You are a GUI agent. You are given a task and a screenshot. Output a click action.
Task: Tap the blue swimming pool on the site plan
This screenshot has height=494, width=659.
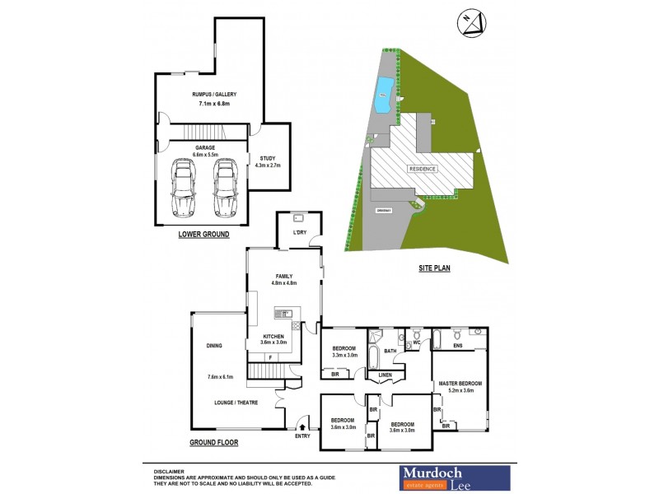[x=383, y=96]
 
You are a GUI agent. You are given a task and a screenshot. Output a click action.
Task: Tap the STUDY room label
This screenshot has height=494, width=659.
[x=268, y=158]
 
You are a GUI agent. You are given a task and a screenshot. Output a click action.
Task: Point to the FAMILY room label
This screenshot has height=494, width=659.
[x=283, y=276]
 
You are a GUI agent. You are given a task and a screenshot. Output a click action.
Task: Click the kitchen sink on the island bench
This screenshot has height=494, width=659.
[x=283, y=313]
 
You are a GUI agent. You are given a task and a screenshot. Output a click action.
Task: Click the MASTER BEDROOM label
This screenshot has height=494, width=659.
[x=460, y=384]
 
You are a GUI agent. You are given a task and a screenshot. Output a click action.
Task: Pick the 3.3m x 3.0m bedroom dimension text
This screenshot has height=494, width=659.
[x=344, y=356]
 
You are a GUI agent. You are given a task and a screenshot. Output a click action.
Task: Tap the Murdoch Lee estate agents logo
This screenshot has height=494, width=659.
[x=455, y=478]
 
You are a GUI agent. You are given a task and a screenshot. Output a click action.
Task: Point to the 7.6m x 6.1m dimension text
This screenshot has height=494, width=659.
[x=220, y=377]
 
